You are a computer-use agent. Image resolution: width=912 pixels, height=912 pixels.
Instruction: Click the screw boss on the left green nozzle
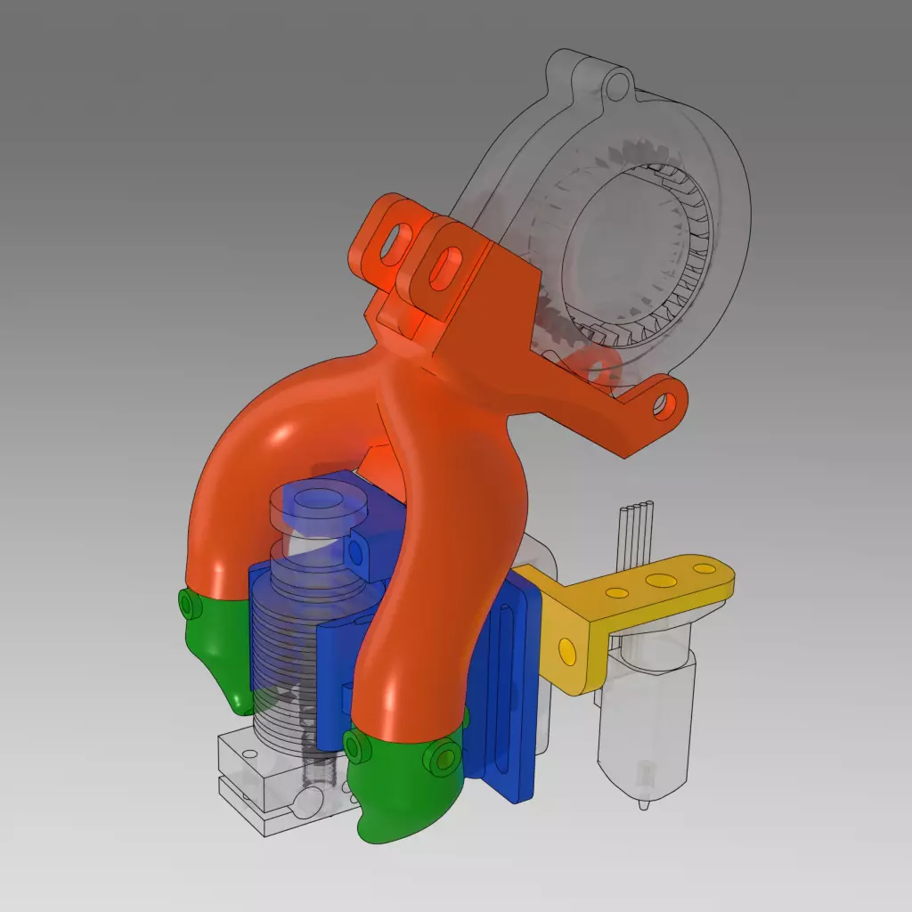click(187, 606)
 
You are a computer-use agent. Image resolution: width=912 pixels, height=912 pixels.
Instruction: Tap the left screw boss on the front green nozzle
click(357, 747)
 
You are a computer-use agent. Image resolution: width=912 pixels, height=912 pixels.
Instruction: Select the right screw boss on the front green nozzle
click(438, 759)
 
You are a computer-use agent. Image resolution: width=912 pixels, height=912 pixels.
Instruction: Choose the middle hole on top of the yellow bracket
click(661, 581)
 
